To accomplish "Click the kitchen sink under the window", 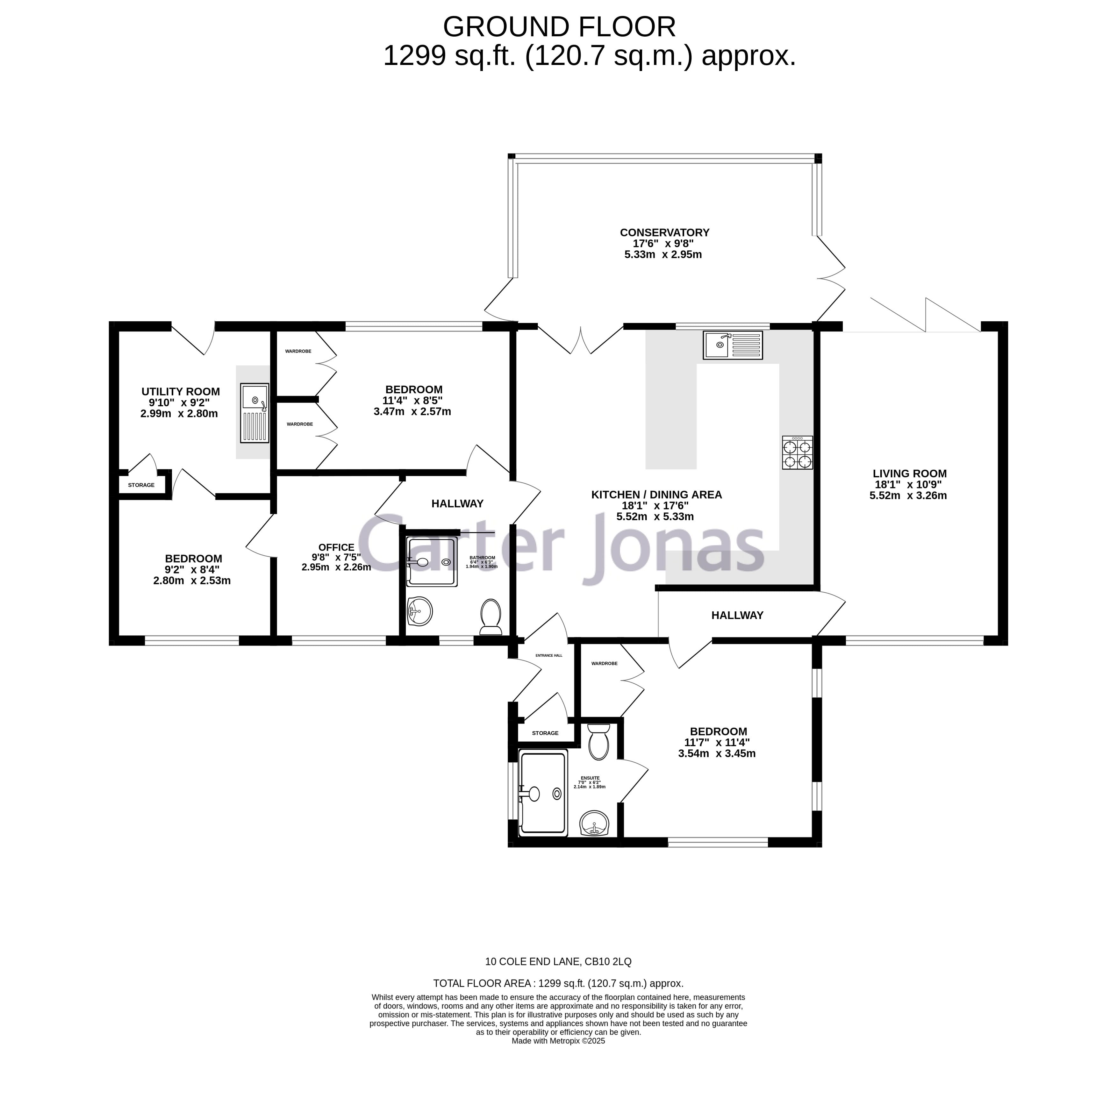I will point(732,345).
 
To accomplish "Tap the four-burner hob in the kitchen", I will point(797,453).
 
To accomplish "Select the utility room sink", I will point(254,413).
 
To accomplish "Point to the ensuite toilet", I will point(598,742).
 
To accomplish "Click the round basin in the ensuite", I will point(594,822).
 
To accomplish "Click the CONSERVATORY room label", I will point(664,232).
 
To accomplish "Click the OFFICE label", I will point(336,547).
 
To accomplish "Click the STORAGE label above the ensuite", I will point(545,733).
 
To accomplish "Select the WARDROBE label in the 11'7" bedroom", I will point(604,664).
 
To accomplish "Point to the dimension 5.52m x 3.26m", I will point(908,496).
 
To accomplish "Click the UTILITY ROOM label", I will point(181,392).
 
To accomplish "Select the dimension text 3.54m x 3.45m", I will point(716,753).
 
